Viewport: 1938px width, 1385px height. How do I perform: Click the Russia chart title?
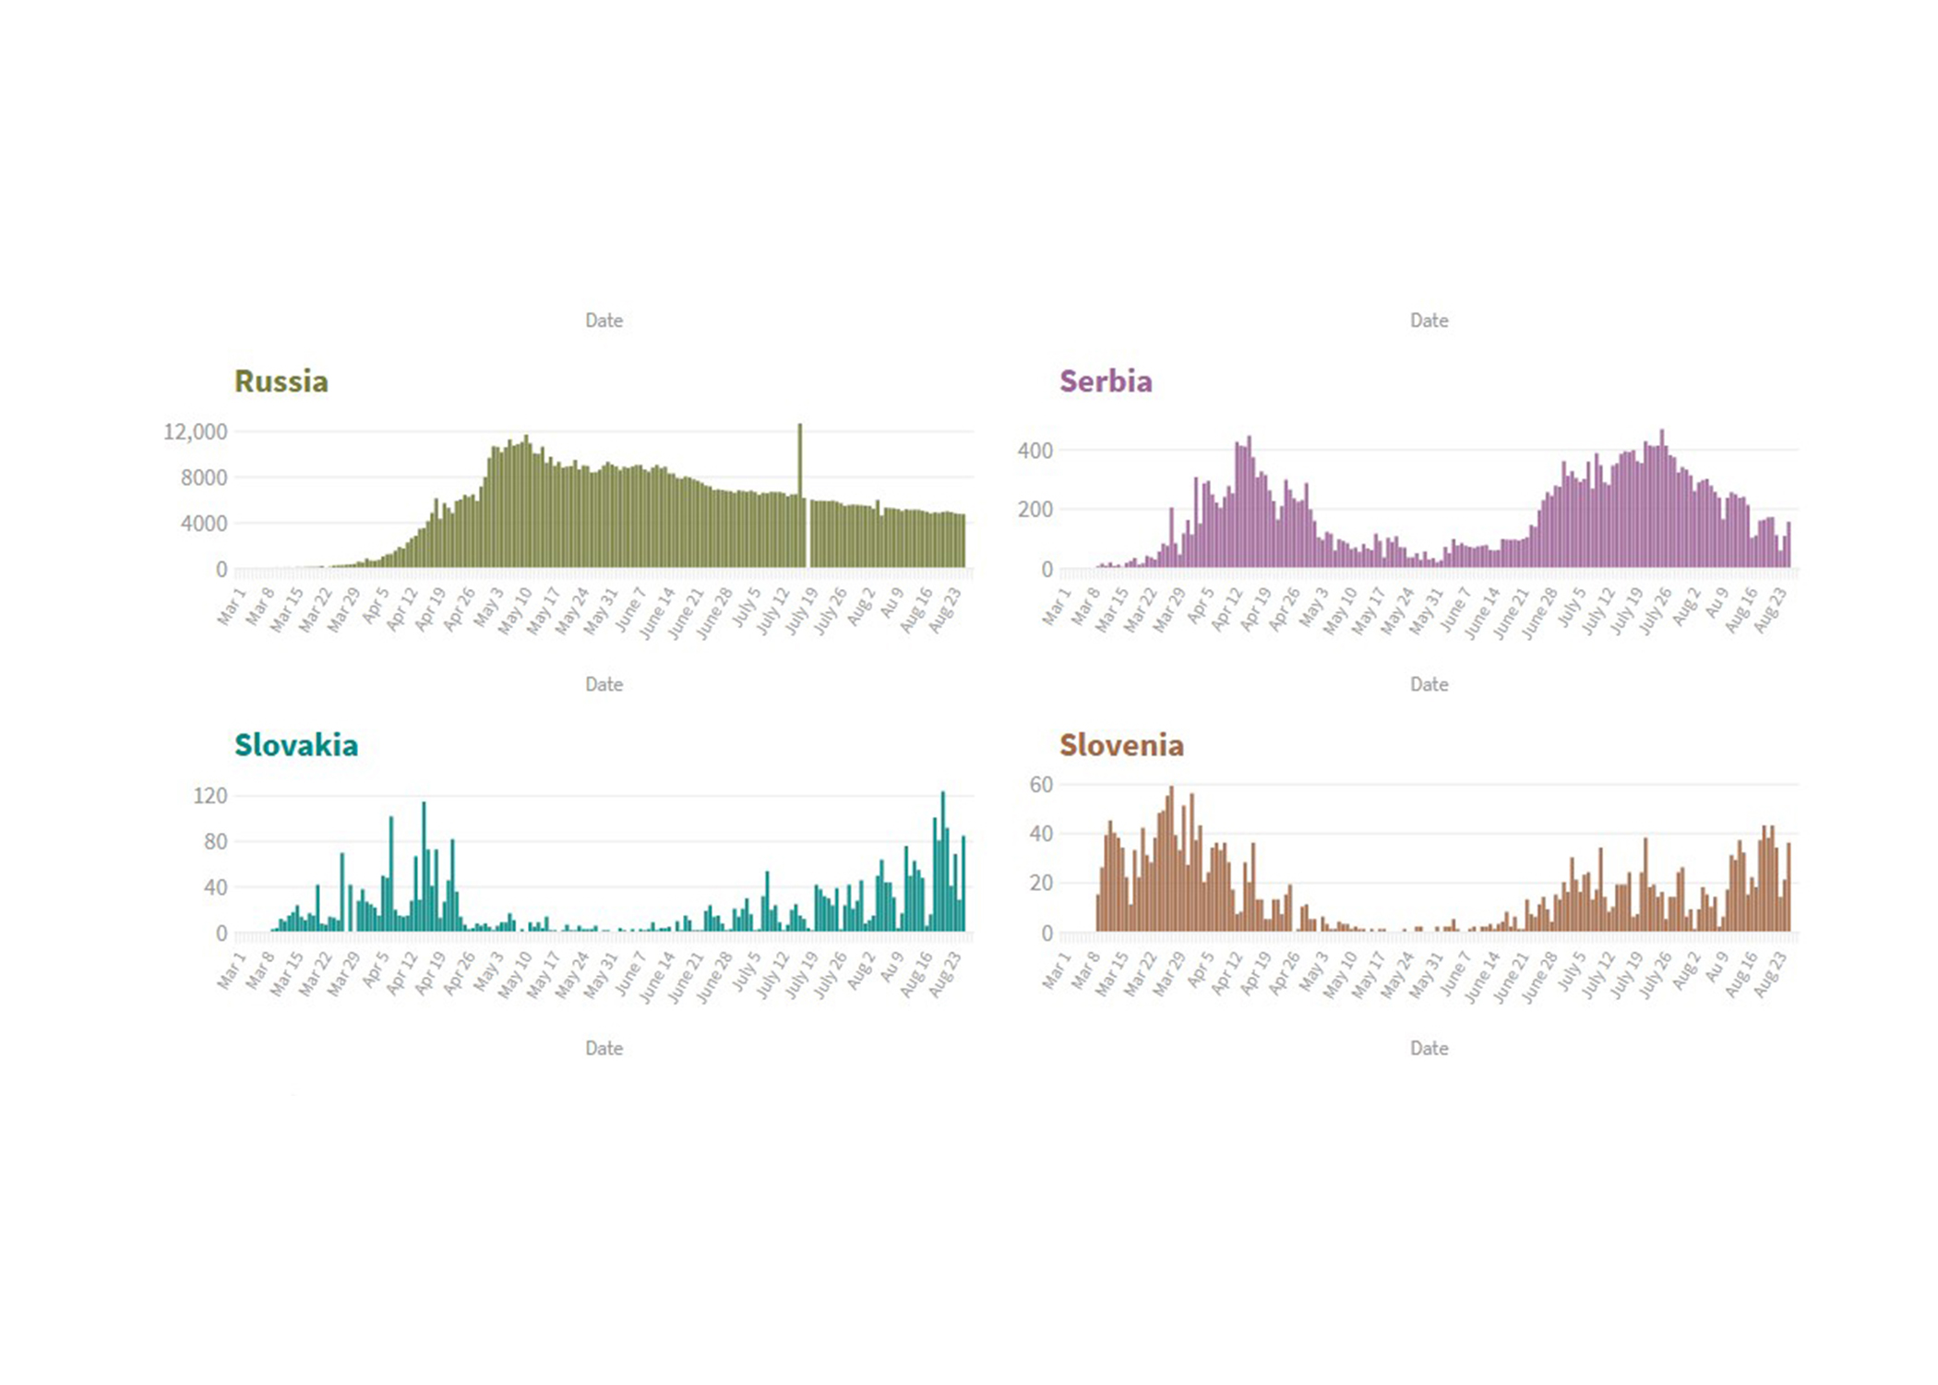click(x=281, y=381)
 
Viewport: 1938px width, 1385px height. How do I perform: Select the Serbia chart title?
click(x=1105, y=381)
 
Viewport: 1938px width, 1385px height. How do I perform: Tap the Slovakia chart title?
click(x=295, y=745)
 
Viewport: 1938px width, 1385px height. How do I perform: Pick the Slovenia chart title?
click(x=1120, y=745)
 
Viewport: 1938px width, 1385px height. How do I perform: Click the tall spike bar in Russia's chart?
click(x=800, y=489)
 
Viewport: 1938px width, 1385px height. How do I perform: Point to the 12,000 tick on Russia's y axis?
click(x=195, y=431)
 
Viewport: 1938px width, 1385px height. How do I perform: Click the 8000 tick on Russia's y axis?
click(x=203, y=477)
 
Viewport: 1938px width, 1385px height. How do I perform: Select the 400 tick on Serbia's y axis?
click(x=1035, y=451)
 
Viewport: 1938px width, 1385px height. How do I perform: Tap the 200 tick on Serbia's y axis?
click(x=1035, y=509)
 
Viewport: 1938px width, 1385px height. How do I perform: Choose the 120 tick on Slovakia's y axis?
click(x=209, y=795)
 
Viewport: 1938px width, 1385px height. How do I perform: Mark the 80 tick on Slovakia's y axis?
click(x=215, y=841)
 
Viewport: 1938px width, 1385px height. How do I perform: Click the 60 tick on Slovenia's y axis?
click(x=1040, y=784)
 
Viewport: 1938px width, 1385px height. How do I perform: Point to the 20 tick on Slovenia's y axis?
click(x=1040, y=883)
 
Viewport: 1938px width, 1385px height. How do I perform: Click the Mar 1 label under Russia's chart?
click(x=232, y=607)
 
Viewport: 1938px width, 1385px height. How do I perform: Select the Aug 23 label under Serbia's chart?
click(x=1770, y=609)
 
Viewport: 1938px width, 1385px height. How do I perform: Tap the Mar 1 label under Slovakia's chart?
click(x=232, y=970)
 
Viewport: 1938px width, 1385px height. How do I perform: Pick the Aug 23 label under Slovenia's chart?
click(x=1770, y=973)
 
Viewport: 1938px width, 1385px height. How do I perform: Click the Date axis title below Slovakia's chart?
click(x=604, y=1048)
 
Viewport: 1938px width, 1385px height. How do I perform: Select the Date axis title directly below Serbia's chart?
click(x=1429, y=684)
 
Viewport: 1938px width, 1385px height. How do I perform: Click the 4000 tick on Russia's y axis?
click(x=203, y=524)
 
